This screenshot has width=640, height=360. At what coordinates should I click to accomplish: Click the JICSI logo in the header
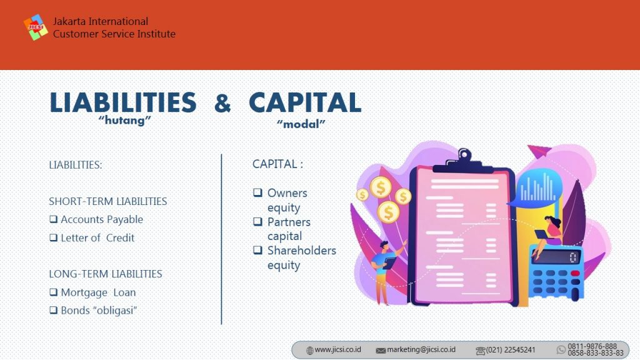click(36, 27)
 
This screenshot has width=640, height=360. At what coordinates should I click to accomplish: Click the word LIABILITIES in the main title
click(123, 102)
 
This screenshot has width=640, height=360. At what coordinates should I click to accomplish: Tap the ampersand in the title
click(222, 103)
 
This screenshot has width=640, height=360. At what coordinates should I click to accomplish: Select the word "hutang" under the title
click(125, 121)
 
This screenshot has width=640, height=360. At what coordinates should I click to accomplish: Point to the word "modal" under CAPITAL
click(301, 124)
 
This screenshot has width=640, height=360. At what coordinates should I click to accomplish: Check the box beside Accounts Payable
click(54, 219)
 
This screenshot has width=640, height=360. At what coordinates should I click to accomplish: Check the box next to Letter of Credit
click(54, 237)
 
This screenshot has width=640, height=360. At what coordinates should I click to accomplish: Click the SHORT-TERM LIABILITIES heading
click(107, 201)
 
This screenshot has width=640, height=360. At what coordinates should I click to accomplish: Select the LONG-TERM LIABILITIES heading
click(105, 274)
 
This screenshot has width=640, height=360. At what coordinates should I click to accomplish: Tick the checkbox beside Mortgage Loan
click(54, 292)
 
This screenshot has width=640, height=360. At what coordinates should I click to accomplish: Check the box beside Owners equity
click(257, 192)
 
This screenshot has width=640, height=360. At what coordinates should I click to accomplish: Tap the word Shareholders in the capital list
click(302, 251)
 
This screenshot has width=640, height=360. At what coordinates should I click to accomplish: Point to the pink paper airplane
click(539, 151)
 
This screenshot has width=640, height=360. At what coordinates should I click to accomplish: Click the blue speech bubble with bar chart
click(536, 187)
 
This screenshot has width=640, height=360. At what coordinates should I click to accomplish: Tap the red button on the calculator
click(576, 273)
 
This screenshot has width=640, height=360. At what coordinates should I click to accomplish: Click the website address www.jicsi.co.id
click(337, 350)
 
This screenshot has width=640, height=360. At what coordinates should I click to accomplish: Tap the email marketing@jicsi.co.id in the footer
click(421, 350)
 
